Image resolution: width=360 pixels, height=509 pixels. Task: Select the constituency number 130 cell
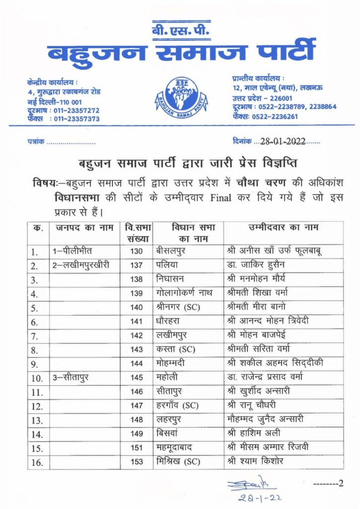coord(136,252)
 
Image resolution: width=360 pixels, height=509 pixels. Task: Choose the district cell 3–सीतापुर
coord(73,378)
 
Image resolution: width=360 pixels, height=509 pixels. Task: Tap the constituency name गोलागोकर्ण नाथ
coord(182,294)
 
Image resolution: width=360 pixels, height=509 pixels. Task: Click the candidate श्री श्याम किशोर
coord(255,462)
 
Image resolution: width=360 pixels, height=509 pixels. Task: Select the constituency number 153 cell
coord(136,462)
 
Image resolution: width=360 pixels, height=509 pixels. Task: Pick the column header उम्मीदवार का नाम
coord(283,228)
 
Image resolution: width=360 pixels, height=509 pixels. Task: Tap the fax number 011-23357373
coord(75,119)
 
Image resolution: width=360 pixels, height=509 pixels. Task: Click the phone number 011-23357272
coord(75,110)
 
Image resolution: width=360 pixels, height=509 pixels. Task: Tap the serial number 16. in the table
coord(38,463)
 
